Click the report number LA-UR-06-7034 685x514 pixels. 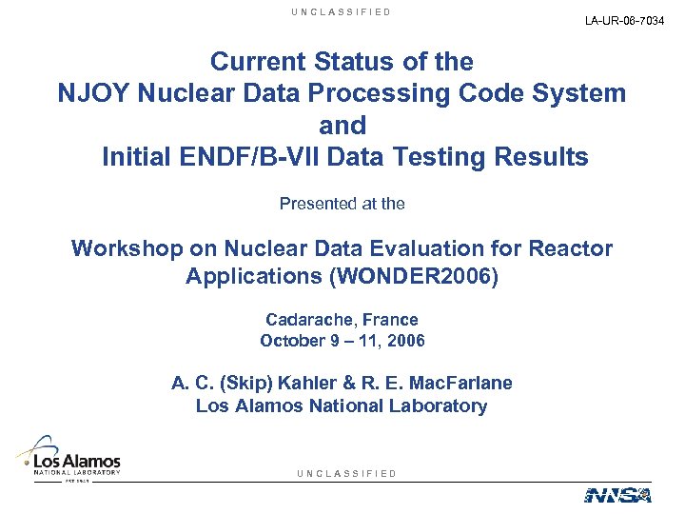(x=625, y=21)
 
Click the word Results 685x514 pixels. (x=539, y=156)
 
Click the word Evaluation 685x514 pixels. (x=403, y=249)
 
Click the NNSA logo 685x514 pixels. (x=616, y=494)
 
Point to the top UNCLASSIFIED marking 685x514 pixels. (x=342, y=12)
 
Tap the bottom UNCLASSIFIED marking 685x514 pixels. (x=346, y=473)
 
